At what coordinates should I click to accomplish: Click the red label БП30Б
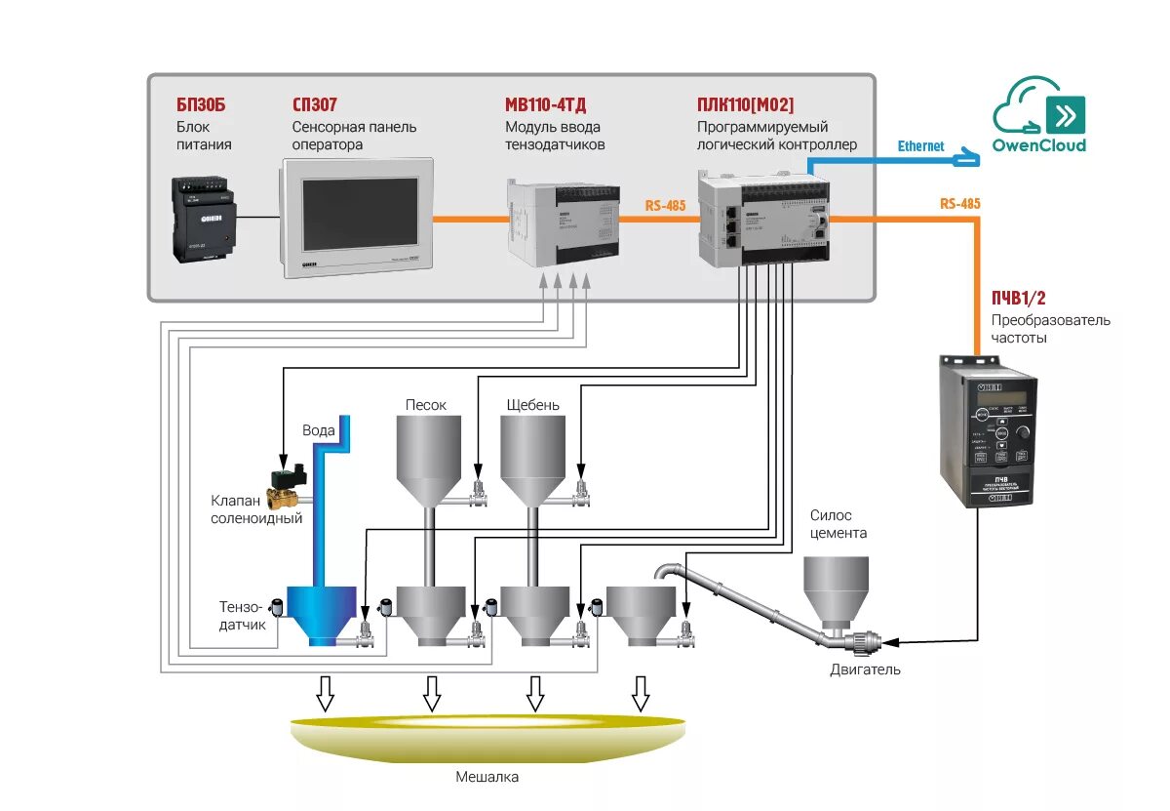201,104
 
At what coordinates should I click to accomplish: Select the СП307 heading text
315,104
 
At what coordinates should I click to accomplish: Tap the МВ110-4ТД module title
545,104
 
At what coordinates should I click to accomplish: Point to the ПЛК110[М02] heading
746,104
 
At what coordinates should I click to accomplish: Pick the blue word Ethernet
920,146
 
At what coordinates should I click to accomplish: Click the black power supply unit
204,219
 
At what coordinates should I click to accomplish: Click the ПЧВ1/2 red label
1019,298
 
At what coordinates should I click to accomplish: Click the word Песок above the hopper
426,404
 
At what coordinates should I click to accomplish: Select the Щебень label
533,404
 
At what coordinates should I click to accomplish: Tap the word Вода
319,430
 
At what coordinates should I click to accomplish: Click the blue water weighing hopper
320,615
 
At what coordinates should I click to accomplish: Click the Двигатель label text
865,669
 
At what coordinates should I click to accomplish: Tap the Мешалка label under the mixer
487,778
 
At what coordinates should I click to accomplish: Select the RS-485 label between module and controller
665,206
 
